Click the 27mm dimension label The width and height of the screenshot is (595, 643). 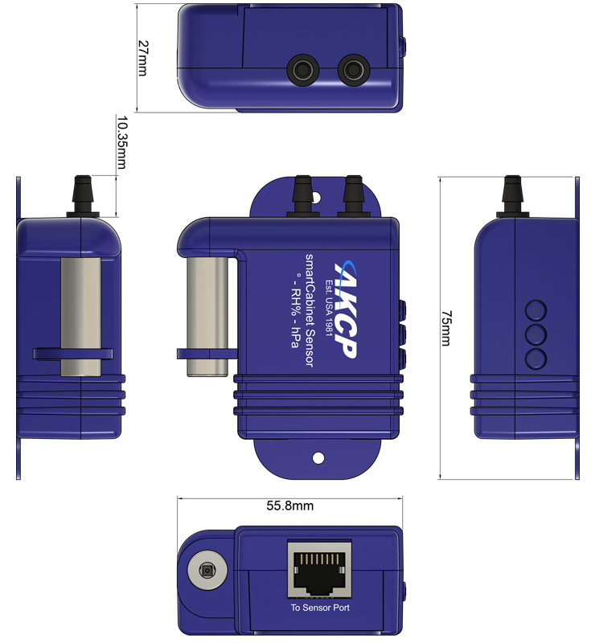[142, 58]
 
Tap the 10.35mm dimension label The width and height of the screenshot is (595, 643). [121, 142]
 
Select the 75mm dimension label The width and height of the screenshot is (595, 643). [446, 328]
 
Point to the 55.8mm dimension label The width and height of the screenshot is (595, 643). [289, 506]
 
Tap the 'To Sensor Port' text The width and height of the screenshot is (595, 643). [320, 608]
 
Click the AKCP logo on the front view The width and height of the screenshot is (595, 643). [346, 310]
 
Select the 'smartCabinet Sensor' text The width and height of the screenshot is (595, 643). [310, 310]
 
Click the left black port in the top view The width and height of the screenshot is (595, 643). [303, 70]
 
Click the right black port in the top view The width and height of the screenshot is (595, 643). [353, 70]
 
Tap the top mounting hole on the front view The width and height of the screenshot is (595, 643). [315, 198]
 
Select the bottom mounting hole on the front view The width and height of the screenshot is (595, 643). [318, 458]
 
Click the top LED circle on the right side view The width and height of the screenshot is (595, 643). [536, 310]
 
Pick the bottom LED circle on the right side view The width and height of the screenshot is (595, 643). [536, 359]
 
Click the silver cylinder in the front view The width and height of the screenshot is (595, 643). [207, 317]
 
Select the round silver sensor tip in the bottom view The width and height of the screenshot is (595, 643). [207, 571]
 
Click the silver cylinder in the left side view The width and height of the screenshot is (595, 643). [81, 317]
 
